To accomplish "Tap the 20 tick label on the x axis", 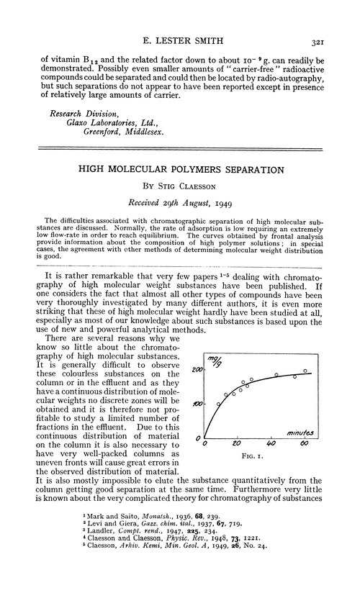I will click(238, 443).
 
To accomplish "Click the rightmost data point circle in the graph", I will click(305, 371).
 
